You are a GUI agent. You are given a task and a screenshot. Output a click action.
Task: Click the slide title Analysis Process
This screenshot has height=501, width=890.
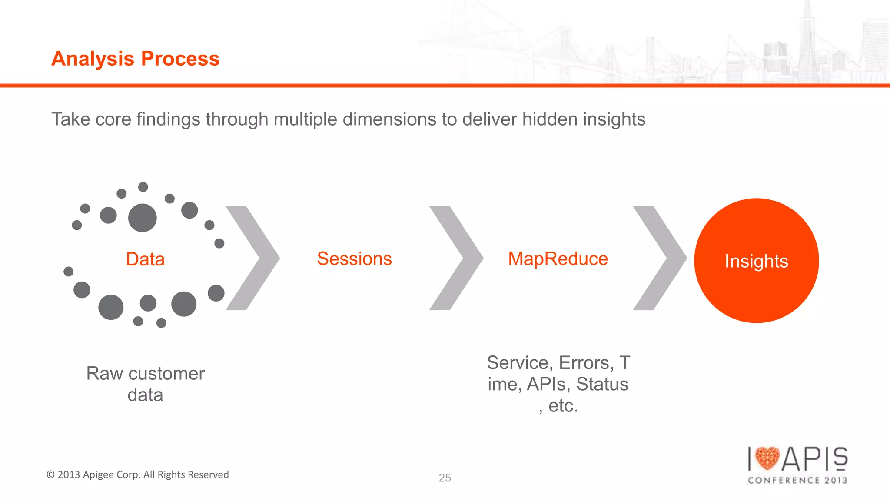coord(135,59)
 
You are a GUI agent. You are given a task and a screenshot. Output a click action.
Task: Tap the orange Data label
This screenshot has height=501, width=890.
coord(145,259)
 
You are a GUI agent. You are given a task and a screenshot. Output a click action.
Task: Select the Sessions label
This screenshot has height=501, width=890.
coord(354,259)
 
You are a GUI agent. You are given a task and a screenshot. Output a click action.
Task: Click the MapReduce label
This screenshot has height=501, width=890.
coord(558,259)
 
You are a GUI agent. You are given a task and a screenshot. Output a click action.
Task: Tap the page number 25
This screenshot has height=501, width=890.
coord(445,478)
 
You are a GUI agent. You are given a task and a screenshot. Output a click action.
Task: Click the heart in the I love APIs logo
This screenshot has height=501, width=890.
coord(767,458)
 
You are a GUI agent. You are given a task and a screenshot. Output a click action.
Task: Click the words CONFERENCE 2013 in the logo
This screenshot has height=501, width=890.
coord(797,480)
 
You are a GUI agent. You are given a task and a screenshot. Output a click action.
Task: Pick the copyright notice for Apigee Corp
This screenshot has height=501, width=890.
coord(138,474)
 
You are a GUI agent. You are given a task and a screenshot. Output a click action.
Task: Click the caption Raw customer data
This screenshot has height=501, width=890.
coord(145,384)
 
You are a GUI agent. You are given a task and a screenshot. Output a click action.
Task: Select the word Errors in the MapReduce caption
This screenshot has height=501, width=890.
coord(586,363)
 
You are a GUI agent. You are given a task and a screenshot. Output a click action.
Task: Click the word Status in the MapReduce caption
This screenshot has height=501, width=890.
coord(602,384)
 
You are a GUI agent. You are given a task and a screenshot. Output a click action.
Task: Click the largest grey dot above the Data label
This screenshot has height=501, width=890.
coord(143,218)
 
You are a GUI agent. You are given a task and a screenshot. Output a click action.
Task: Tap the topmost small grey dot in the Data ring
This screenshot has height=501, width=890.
coord(143,187)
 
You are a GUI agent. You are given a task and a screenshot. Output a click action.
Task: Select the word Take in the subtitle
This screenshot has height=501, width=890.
coord(71,119)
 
